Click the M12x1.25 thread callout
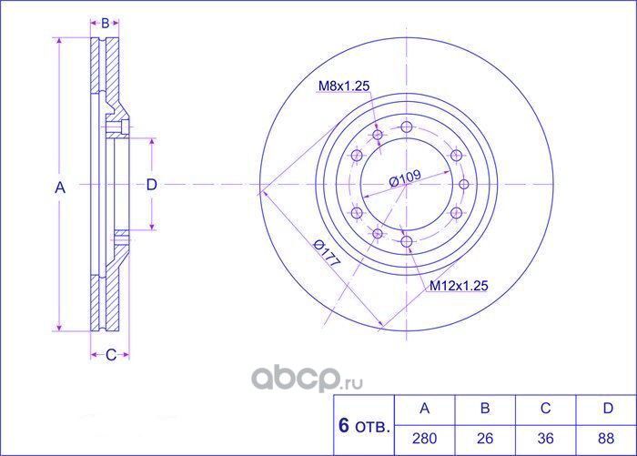point(460,286)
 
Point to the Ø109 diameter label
point(404,180)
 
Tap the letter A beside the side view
point(61,187)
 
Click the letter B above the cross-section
point(105,23)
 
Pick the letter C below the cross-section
point(110,355)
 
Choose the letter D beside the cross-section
point(152,185)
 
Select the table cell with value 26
point(484,437)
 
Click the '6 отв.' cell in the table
point(363,425)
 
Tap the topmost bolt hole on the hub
point(408,127)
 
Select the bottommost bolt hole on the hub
point(408,242)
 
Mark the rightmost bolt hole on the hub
point(464,184)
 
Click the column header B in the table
point(484,410)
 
